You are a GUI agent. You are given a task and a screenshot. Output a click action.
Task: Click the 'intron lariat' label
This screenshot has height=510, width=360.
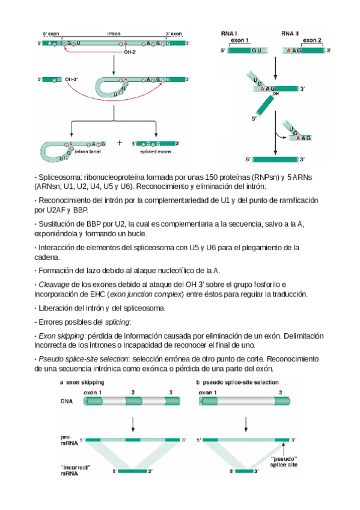[87, 152]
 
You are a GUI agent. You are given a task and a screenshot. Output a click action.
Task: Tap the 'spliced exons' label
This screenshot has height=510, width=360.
[156, 152]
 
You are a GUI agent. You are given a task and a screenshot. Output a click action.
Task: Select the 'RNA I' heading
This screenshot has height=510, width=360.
[229, 34]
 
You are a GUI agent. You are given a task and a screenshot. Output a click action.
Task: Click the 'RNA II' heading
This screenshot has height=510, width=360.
[290, 34]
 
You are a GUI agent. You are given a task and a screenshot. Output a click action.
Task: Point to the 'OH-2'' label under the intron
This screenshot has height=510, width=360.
[130, 52]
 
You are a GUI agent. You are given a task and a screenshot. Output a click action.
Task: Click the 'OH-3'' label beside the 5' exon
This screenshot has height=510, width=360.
[71, 79]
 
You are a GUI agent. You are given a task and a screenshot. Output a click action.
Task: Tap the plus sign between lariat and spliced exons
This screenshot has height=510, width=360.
[120, 143]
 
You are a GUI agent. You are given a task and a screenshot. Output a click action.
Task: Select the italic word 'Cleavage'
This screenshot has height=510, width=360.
[54, 284]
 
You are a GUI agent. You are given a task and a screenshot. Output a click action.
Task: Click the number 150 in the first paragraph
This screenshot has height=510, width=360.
[211, 177]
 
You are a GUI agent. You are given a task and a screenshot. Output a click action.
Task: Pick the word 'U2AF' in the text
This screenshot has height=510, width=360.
[56, 210]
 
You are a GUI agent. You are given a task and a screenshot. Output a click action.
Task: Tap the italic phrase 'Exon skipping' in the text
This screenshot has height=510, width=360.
[61, 336]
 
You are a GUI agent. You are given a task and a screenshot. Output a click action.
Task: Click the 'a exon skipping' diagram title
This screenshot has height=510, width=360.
[82, 382]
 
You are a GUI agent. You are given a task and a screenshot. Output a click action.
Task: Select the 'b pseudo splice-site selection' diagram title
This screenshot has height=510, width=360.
[237, 382]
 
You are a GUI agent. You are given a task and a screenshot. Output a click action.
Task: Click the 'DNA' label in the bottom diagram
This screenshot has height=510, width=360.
[67, 401]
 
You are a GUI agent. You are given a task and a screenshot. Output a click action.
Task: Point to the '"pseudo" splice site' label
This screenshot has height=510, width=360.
[284, 462]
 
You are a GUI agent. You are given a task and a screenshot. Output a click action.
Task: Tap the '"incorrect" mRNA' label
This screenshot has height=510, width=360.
[75, 470]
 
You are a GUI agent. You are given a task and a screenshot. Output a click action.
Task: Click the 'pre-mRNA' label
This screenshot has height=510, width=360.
[69, 440]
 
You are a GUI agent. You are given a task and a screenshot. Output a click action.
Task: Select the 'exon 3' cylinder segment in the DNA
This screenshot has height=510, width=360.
[172, 401]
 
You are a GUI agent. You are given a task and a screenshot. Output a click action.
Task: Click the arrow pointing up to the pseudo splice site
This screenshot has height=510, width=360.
[284, 449]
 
